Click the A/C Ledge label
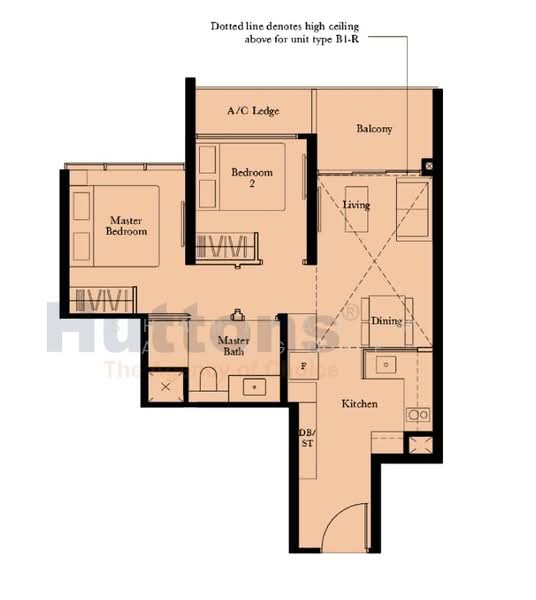[x=252, y=111]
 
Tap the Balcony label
[x=374, y=129]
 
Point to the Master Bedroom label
[x=128, y=225]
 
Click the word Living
[x=356, y=205]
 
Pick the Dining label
[x=386, y=321]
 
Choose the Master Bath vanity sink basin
[x=254, y=386]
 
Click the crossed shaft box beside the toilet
[x=165, y=386]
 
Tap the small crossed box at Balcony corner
[x=427, y=166]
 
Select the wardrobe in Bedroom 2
[x=226, y=246]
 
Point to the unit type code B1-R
[x=387, y=42]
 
